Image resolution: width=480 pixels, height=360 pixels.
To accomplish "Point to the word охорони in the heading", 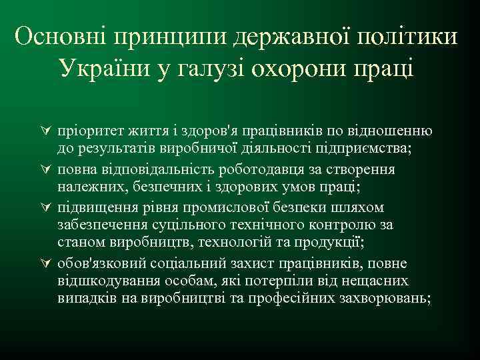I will pyautogui.click(x=287, y=69).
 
